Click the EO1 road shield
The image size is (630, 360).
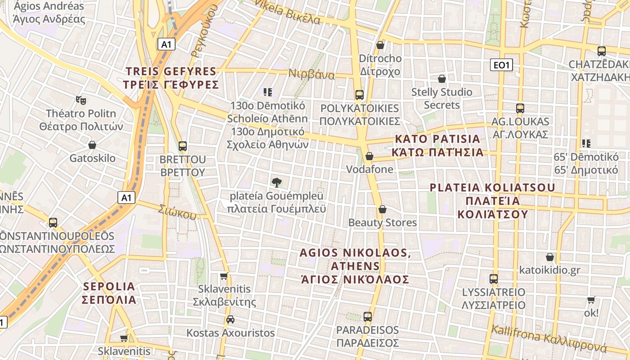(x=501, y=65)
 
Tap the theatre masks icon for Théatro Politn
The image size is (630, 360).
(x=81, y=100)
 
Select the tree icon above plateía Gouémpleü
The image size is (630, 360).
(x=277, y=182)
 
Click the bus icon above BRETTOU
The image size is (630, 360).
(x=183, y=146)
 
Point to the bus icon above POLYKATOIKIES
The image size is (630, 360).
(x=359, y=95)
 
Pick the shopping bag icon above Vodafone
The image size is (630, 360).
(x=369, y=156)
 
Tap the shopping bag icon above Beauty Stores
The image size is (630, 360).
(x=382, y=209)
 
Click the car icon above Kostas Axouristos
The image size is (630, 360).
(x=230, y=319)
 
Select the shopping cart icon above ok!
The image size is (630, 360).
(x=591, y=300)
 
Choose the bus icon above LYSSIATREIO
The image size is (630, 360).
(x=494, y=279)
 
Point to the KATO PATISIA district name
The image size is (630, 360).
(x=437, y=145)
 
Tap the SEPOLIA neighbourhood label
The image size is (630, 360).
(x=109, y=293)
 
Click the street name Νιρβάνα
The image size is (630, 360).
(x=311, y=74)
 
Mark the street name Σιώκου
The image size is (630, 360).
(x=178, y=211)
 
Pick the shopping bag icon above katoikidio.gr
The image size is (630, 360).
(x=550, y=257)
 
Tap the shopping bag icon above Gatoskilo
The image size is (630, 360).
(x=92, y=145)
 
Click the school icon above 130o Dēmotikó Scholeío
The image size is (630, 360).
(x=268, y=92)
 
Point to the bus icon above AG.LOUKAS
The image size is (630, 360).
(x=520, y=108)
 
